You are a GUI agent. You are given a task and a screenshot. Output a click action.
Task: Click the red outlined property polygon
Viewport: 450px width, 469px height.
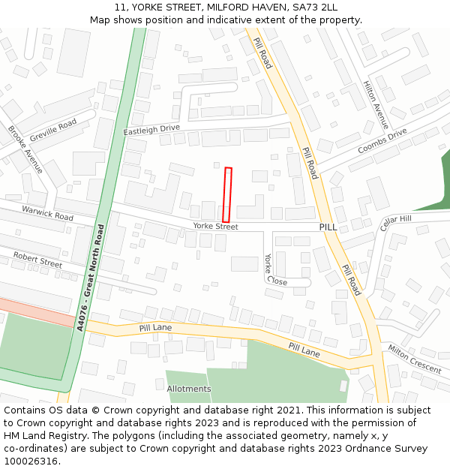[227, 195]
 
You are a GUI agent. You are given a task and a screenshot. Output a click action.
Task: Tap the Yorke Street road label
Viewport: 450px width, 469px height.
[215, 227]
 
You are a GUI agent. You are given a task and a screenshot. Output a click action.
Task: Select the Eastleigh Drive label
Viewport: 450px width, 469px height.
[151, 129]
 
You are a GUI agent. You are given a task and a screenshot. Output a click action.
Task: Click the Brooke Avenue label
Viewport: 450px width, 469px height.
[25, 150]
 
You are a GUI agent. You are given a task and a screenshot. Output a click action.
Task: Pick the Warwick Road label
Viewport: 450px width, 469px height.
[47, 213]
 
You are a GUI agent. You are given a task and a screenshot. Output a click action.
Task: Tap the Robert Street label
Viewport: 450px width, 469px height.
[37, 260]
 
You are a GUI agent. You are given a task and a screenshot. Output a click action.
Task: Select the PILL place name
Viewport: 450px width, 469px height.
[328, 227]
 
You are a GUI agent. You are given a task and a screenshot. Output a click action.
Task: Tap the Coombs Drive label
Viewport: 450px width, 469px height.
[382, 140]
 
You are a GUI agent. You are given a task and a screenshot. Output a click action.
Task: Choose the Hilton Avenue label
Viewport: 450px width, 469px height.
[376, 105]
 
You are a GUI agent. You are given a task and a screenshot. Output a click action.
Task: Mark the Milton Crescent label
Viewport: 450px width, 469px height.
[415, 359]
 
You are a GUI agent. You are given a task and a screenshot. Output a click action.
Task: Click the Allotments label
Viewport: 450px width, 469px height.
[189, 389]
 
